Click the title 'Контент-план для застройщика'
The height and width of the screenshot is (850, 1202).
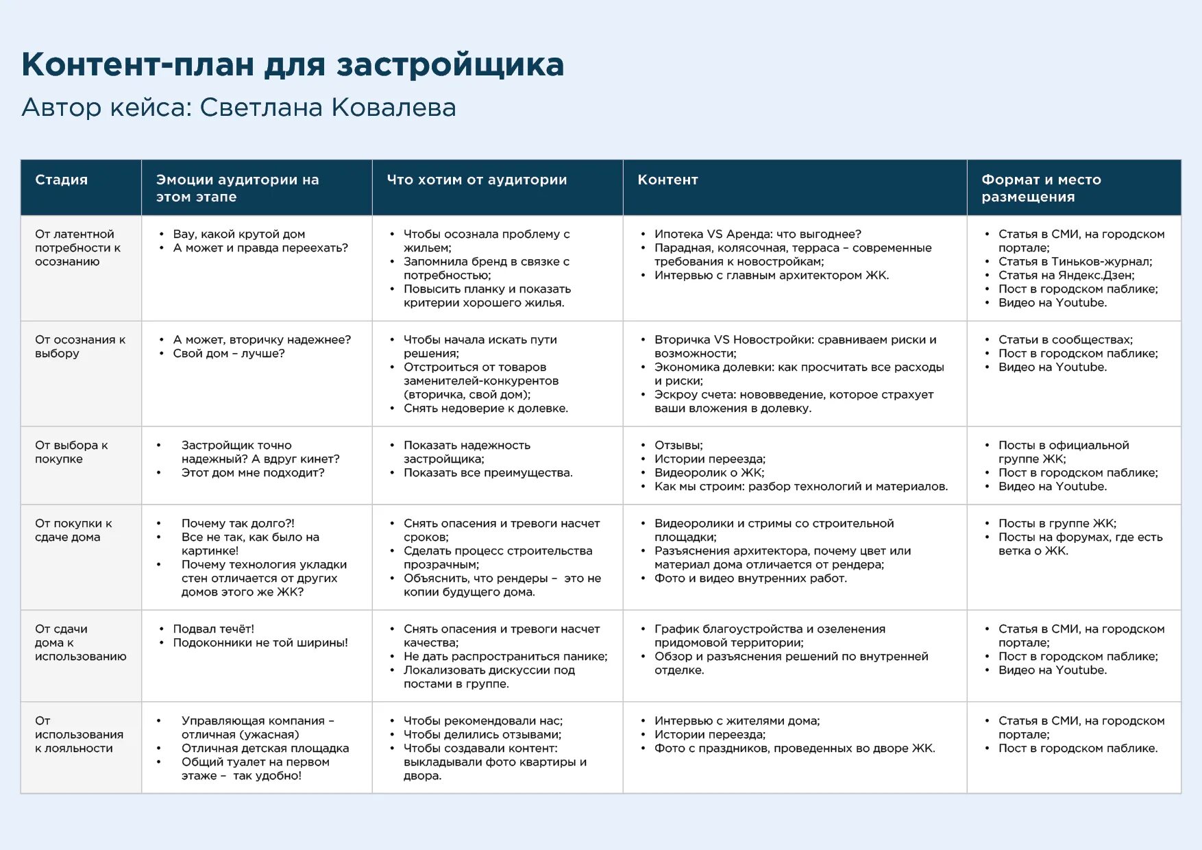coord(293,64)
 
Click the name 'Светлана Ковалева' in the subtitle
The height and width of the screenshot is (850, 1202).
coord(328,108)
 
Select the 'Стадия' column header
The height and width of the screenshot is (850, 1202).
coord(61,180)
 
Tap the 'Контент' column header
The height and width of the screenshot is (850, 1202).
coord(667,180)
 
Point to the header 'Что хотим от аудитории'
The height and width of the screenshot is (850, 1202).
coord(476,180)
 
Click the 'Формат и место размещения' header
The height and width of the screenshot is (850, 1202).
coord(1040,188)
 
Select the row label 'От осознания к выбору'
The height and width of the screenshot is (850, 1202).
coord(79,346)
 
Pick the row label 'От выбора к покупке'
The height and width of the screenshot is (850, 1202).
coord(71,452)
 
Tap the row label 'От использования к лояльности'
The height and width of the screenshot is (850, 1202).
coord(79,734)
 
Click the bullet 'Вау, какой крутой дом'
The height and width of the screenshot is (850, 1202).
coord(238,234)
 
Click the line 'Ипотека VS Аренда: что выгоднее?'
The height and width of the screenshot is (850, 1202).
coord(757,234)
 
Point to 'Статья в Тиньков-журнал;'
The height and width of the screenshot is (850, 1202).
coord(1075,261)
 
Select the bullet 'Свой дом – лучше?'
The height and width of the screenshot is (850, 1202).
coord(228,353)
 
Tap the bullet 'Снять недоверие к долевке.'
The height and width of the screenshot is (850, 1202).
coord(485,408)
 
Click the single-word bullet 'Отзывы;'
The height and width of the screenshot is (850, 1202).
coord(678,445)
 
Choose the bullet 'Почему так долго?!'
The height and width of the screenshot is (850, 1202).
coord(238,523)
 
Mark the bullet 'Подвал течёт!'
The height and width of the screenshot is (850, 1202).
coord(213,629)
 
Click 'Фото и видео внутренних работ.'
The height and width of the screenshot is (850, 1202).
coord(750,578)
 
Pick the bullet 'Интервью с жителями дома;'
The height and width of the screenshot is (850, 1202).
coord(737,720)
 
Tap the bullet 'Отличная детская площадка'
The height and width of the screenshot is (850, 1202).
coord(265,748)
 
